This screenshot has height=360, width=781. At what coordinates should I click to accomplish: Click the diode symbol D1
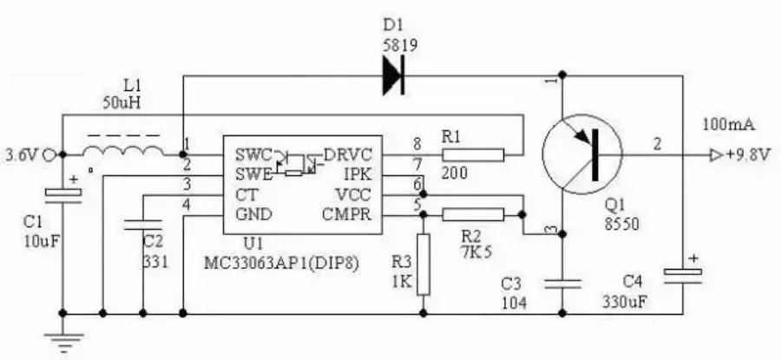pyautogui.click(x=395, y=77)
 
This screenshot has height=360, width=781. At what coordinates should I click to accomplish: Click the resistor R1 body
pyautogui.click(x=472, y=155)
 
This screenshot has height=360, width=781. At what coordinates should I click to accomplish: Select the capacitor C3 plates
pyautogui.click(x=562, y=283)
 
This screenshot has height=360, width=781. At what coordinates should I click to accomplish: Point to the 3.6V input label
pyautogui.click(x=19, y=156)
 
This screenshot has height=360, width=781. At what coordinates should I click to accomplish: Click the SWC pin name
pyautogui.click(x=253, y=155)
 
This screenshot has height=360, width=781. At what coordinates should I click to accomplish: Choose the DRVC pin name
pyautogui.click(x=350, y=155)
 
